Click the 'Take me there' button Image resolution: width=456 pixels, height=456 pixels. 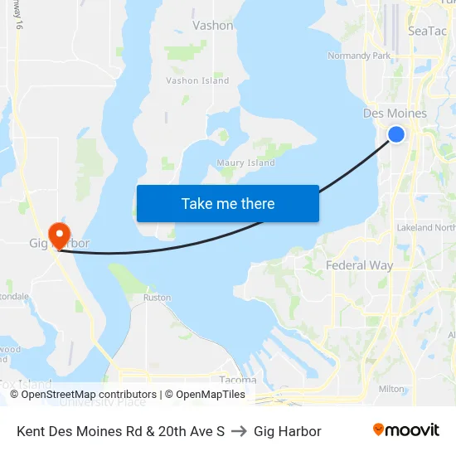227,203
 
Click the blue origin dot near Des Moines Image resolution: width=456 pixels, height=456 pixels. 396,133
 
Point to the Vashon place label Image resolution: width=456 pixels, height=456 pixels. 213,26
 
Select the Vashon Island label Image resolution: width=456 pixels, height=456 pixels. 197,80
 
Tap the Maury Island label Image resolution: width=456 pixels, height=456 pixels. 245,163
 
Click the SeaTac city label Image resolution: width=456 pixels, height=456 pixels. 428,31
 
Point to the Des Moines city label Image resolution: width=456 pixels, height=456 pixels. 395,114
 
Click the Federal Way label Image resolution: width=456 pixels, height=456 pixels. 359,265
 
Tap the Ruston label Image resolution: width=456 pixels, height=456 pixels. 158,297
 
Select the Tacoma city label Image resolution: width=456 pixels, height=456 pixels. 238,380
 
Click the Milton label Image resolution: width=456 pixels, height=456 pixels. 391,388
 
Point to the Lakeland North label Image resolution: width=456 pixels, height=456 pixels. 426,227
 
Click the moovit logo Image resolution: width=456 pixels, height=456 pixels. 405,430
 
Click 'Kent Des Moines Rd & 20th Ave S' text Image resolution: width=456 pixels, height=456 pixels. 121,431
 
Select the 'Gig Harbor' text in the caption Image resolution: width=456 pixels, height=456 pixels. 288,431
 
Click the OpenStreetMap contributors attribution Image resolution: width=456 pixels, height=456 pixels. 89,395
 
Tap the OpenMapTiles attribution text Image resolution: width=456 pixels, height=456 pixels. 206,395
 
